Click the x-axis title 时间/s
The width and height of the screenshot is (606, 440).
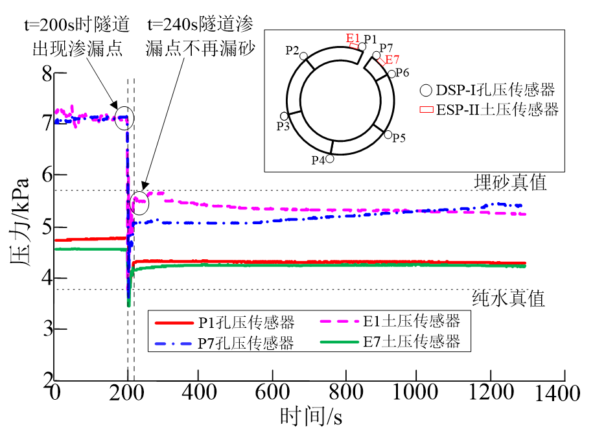(x=310, y=415)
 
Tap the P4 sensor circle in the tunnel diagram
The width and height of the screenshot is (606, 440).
(x=330, y=158)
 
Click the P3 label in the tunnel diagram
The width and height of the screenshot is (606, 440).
(x=283, y=126)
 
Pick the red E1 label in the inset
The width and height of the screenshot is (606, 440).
(x=353, y=38)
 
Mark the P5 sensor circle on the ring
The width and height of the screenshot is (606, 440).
(x=388, y=135)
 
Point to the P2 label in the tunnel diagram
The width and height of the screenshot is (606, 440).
(x=292, y=50)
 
